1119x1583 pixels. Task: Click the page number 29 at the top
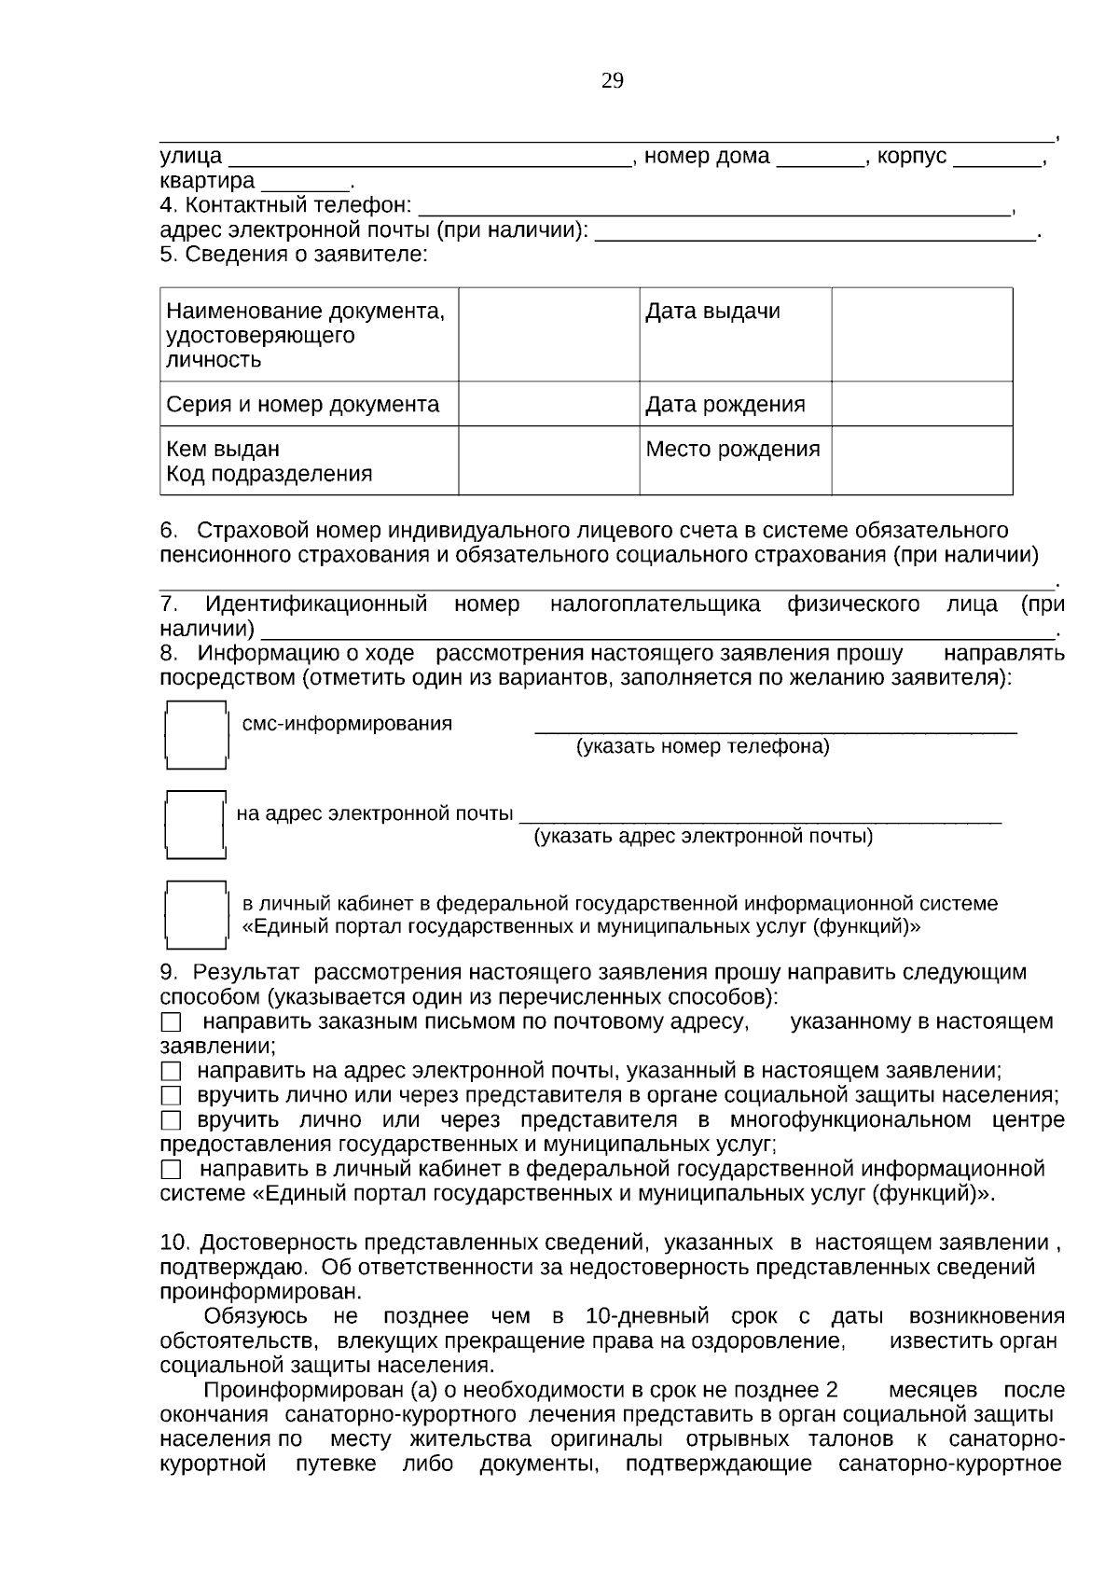coord(613,81)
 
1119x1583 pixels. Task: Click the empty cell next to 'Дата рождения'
coord(921,405)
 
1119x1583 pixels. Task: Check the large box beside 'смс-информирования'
coord(196,734)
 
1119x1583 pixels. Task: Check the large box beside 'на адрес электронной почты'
coord(196,824)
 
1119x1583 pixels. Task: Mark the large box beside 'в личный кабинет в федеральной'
coord(196,914)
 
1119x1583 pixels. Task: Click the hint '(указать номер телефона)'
coord(702,747)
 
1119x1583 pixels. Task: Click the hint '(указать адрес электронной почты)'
coord(703,837)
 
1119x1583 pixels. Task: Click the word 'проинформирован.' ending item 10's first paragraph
coord(261,1292)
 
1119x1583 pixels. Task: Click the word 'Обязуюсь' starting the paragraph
coord(256,1316)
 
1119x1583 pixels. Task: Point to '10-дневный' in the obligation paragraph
coord(647,1316)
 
